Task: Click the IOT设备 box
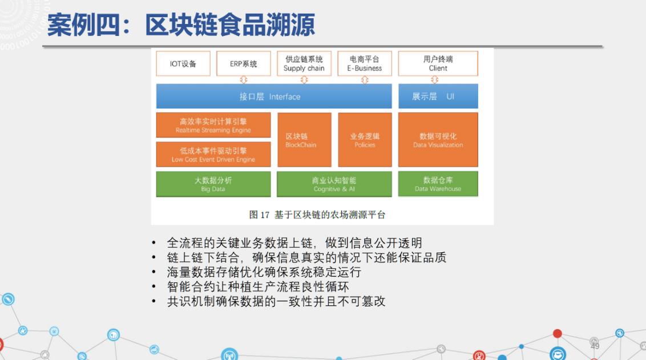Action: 183,63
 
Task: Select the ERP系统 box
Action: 244,63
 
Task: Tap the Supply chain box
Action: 304,63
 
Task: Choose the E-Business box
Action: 365,63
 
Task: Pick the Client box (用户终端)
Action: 438,63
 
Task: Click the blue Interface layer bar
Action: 274,96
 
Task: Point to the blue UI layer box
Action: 438,96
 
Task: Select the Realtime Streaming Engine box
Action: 213,125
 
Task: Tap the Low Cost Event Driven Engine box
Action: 213,155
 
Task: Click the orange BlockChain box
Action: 304,140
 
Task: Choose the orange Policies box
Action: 365,140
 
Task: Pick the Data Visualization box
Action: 438,140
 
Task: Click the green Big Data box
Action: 213,184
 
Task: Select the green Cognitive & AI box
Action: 334,184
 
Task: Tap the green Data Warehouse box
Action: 438,184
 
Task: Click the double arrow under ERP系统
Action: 244,79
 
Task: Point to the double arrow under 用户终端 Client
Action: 435,79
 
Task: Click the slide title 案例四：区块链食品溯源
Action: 181,25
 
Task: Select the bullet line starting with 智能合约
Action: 258,286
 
